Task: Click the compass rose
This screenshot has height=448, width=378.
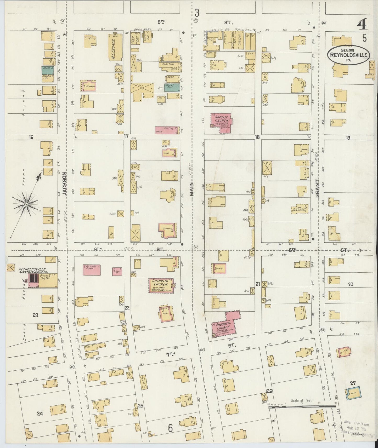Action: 26,203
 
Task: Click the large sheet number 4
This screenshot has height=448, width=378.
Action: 362,24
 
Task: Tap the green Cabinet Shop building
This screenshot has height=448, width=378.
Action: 172,88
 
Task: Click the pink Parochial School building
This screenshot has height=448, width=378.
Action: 92,269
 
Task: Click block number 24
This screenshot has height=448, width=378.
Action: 40,413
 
